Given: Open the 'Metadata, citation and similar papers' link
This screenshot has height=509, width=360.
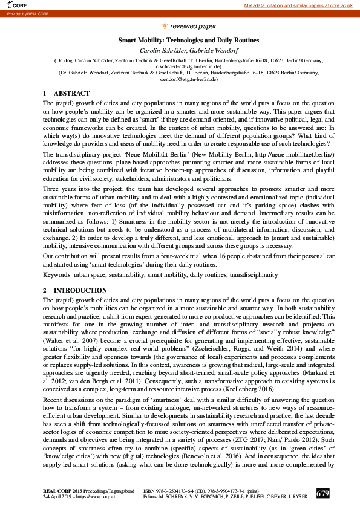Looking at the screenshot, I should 298,5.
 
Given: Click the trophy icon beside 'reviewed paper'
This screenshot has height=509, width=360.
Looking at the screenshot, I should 166,27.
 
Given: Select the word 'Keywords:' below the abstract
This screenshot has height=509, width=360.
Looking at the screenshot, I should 57,274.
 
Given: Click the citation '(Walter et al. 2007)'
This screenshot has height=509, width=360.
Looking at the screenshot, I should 68,334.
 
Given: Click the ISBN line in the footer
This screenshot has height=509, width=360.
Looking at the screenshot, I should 204,490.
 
